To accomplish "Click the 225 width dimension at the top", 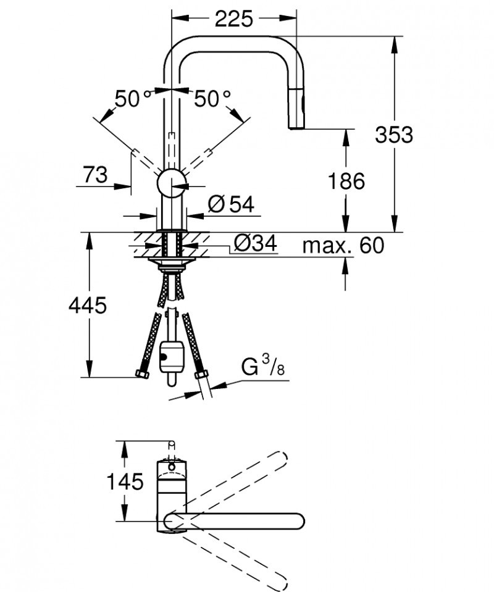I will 233,20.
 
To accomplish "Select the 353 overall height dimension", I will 393,134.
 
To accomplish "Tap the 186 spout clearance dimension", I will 346,181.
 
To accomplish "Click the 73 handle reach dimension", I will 95,175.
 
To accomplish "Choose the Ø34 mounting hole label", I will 255,244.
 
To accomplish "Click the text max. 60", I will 343,246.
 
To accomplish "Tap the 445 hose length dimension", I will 88,305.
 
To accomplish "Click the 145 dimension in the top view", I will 124,481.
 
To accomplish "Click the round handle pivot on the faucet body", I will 172,183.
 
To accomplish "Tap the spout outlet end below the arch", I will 297,126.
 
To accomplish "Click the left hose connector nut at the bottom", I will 141,374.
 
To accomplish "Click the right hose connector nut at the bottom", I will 201,375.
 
